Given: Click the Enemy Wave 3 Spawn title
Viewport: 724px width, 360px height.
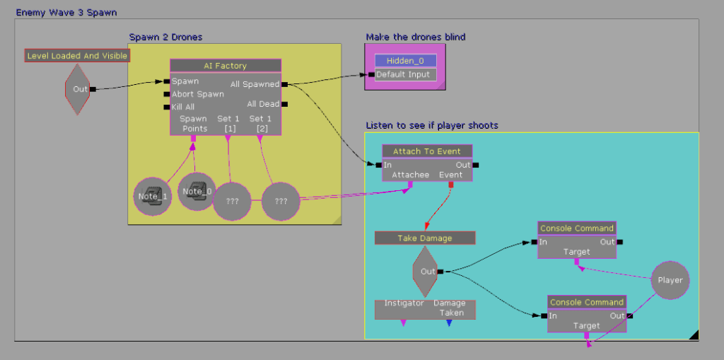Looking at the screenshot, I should click(x=66, y=13).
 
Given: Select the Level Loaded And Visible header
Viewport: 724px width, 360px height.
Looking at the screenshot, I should click(x=78, y=55).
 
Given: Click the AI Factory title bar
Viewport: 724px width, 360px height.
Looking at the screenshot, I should click(x=226, y=66).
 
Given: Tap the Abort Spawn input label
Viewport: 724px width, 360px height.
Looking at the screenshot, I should click(x=197, y=94).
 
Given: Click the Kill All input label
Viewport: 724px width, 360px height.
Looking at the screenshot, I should click(x=183, y=107).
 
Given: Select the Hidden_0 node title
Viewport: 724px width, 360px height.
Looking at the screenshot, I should click(x=406, y=61).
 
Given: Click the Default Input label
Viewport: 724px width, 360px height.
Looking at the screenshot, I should click(x=402, y=74).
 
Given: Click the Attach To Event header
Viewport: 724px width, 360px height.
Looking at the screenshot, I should click(x=427, y=151).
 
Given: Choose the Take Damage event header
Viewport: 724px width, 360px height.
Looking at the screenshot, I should click(x=424, y=238).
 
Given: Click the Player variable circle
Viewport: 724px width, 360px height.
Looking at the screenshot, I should click(x=670, y=280).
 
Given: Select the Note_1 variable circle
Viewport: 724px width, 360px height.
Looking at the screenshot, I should click(x=153, y=197).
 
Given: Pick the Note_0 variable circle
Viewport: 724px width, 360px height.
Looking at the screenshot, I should click(x=197, y=192).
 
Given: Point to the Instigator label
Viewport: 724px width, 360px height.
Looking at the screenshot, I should click(x=404, y=303).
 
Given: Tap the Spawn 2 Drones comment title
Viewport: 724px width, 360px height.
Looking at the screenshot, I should click(x=165, y=37).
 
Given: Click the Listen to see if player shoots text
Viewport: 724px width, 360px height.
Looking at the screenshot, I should click(x=431, y=125).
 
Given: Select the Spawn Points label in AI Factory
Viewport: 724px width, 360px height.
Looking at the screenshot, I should click(x=193, y=124).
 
